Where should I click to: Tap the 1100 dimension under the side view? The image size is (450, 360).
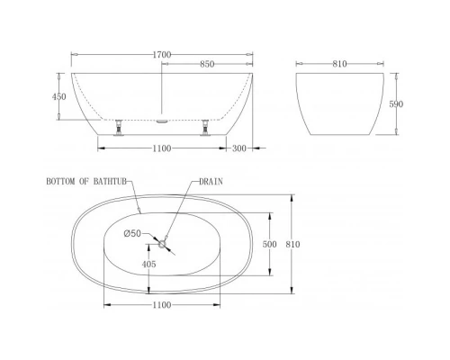point(161,147)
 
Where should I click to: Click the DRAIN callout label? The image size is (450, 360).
point(212,181)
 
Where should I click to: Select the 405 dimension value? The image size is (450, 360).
point(149,265)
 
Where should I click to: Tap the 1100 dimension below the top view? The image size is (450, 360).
point(161,306)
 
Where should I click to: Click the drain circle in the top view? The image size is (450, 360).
point(163,244)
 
